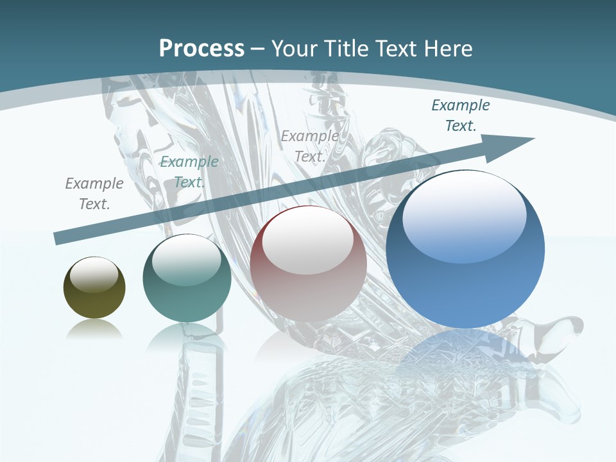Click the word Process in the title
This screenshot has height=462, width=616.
tap(201, 49)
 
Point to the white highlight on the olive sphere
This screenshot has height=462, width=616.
tap(94, 274)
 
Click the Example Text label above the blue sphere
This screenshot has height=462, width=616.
tap(460, 116)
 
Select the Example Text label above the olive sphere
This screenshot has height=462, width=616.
tap(94, 194)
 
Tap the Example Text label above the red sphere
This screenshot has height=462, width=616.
tap(310, 146)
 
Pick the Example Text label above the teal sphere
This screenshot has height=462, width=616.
tap(189, 172)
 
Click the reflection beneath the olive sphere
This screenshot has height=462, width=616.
tap(94, 330)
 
